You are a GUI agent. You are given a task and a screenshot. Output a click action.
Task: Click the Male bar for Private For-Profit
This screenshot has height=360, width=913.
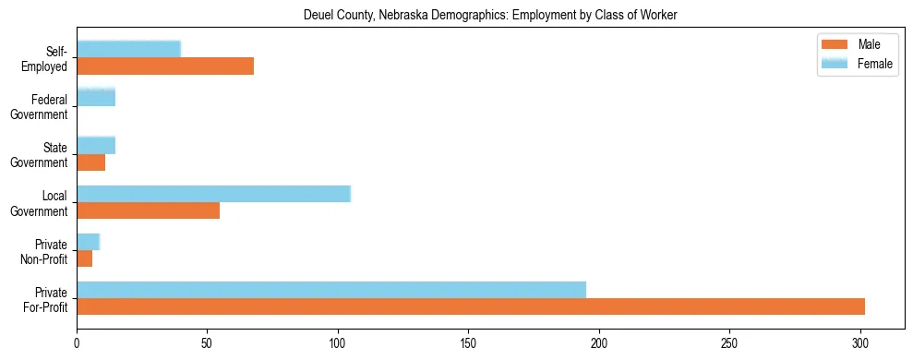(471, 306)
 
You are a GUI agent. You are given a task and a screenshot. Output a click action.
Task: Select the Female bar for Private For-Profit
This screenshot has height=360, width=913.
(331, 290)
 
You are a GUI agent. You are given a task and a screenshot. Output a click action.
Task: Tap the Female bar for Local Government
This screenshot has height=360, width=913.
(213, 194)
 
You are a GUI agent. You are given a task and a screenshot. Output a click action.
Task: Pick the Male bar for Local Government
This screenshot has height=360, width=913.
(148, 210)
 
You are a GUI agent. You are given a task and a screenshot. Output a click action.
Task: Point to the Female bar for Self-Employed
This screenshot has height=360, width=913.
(128, 49)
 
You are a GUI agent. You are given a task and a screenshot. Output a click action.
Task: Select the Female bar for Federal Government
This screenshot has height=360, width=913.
(96, 97)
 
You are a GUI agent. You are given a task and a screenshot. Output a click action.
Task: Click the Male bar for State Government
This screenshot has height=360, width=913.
(90, 162)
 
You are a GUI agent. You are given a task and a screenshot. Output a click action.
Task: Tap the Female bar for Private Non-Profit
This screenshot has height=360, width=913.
(88, 242)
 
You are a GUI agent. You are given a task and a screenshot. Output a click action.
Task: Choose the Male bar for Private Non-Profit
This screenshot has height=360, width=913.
(84, 258)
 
